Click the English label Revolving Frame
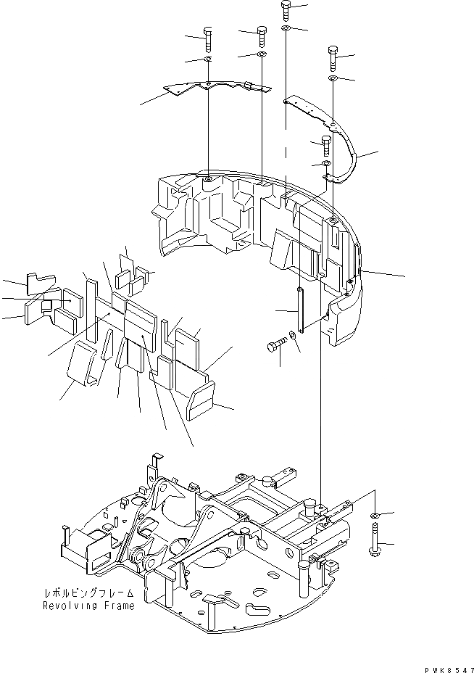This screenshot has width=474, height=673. pos(88,606)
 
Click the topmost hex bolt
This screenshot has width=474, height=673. pos(286,11)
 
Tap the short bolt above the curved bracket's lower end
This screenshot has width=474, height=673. pos(326,146)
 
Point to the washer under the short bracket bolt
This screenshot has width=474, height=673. pos(326,165)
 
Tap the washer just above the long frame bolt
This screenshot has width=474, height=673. pos(374,516)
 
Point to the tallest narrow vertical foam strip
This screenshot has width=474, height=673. pos(91,308)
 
